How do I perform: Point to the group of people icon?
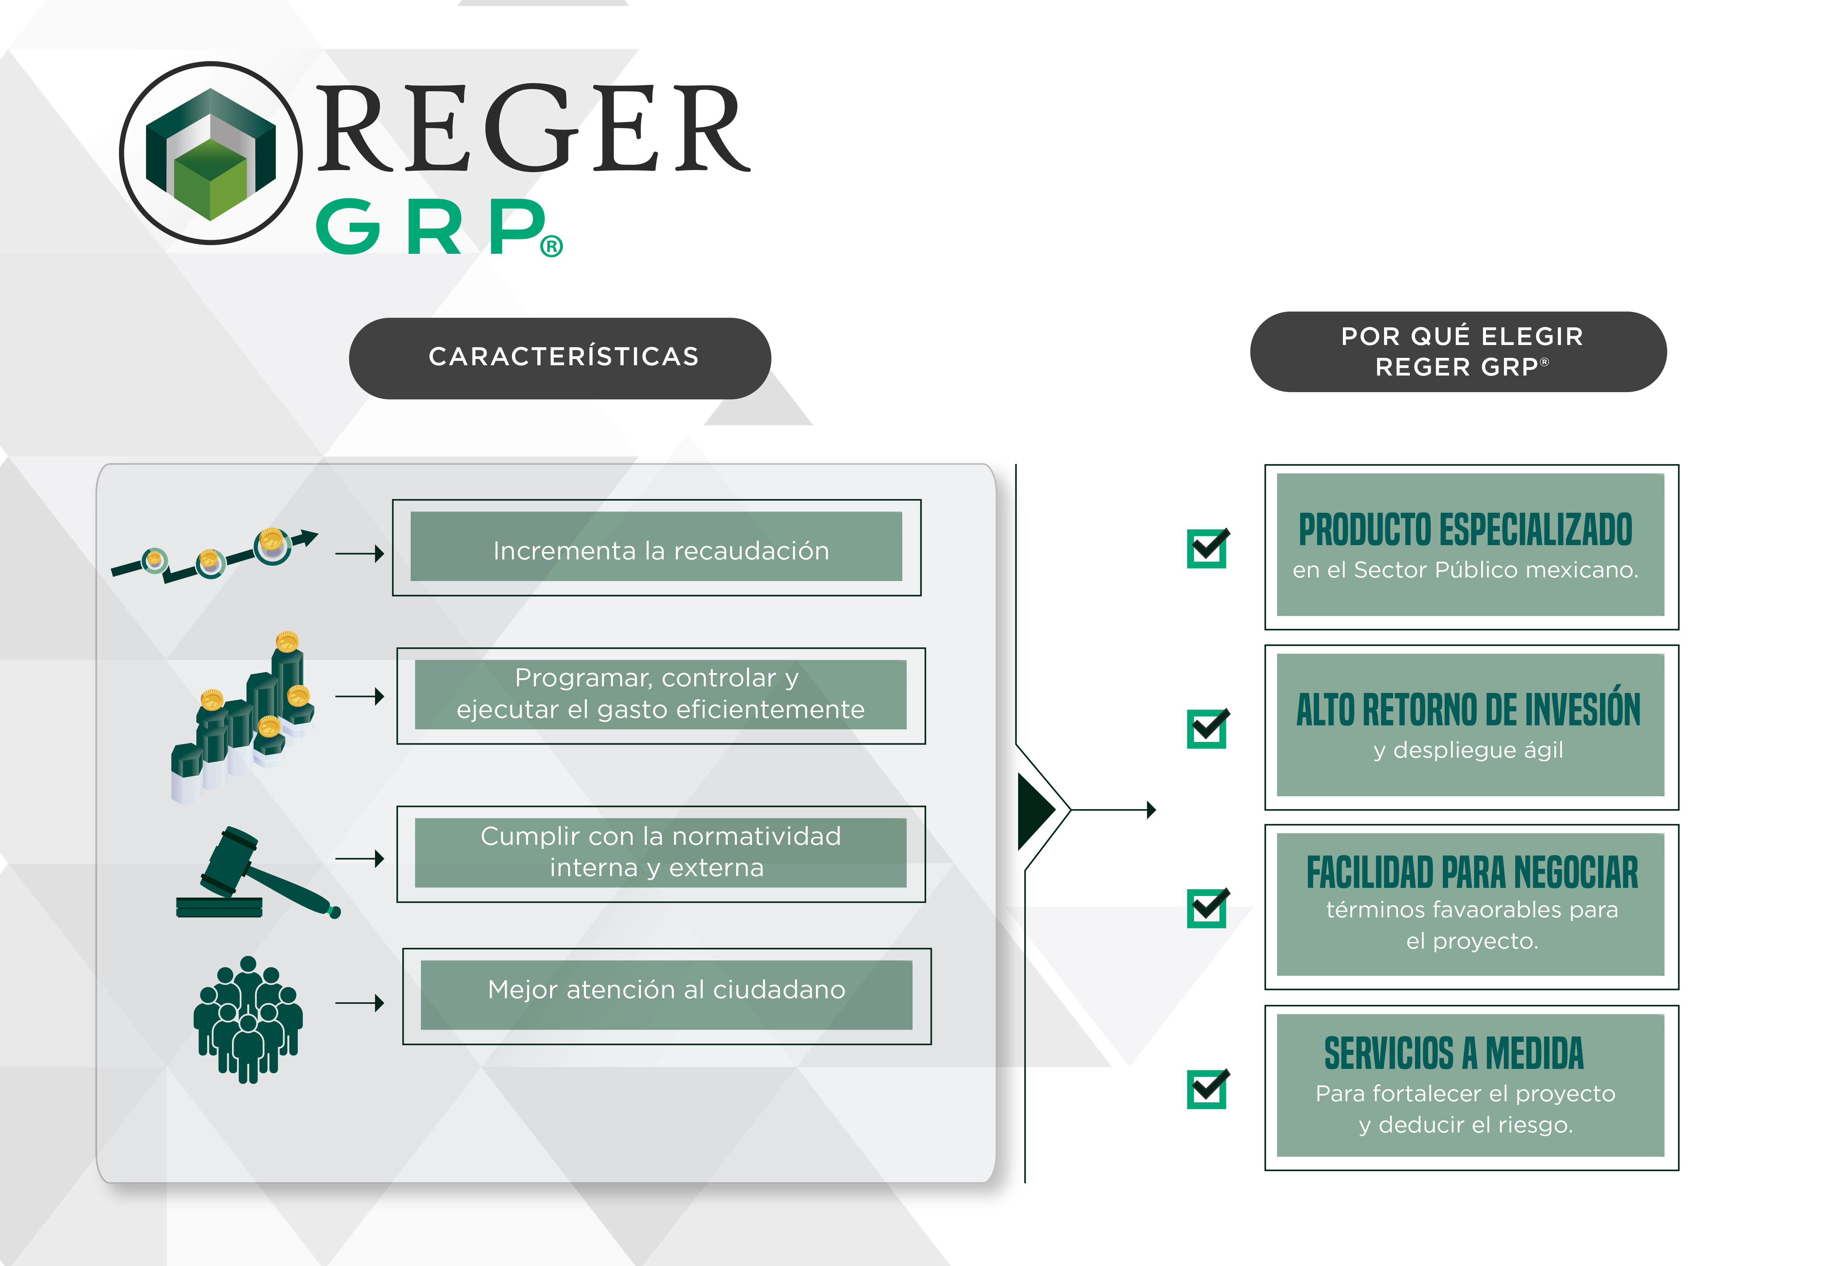pyautogui.click(x=248, y=1019)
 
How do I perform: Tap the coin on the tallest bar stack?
pyautogui.click(x=287, y=641)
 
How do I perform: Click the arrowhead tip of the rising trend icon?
pyautogui.click(x=318, y=533)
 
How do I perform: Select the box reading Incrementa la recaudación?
pyautogui.click(x=657, y=547)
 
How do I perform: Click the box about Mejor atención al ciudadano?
pyautogui.click(x=667, y=996)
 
